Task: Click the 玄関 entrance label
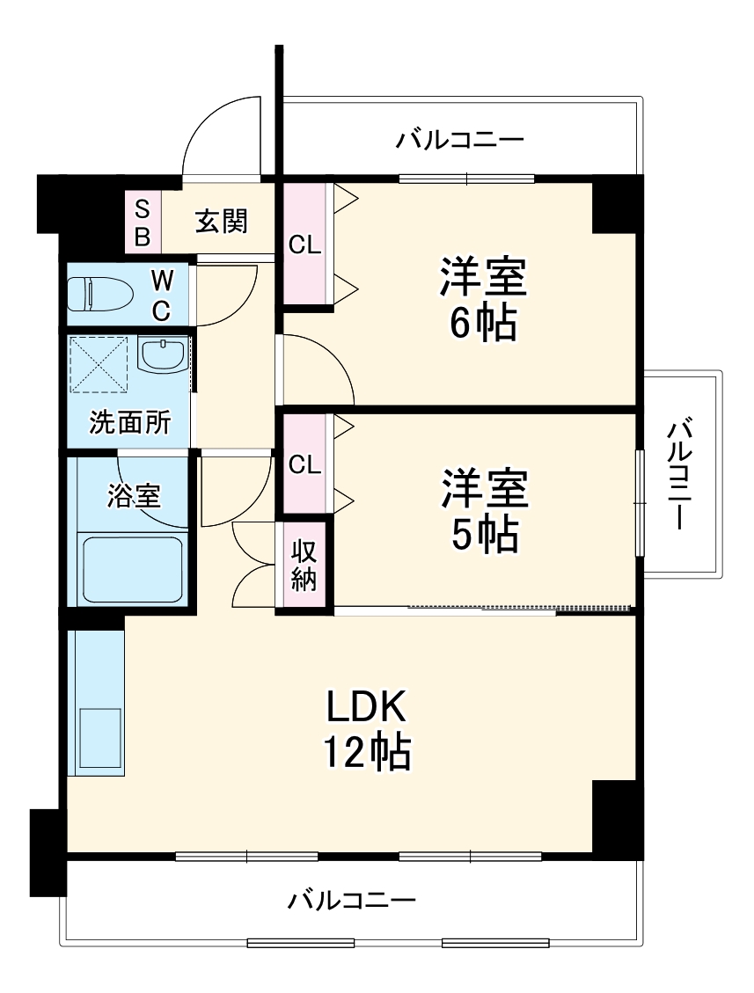[221, 221]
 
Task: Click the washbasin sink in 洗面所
[163, 354]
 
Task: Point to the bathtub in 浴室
[132, 568]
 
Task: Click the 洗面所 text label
[129, 423]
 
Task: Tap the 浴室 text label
[135, 496]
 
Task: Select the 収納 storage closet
[304, 566]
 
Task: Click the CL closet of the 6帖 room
[304, 245]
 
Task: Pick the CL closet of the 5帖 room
[304, 464]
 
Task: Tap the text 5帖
[484, 534]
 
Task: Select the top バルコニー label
[459, 140]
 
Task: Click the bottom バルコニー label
[351, 900]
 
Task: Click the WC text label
[161, 295]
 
